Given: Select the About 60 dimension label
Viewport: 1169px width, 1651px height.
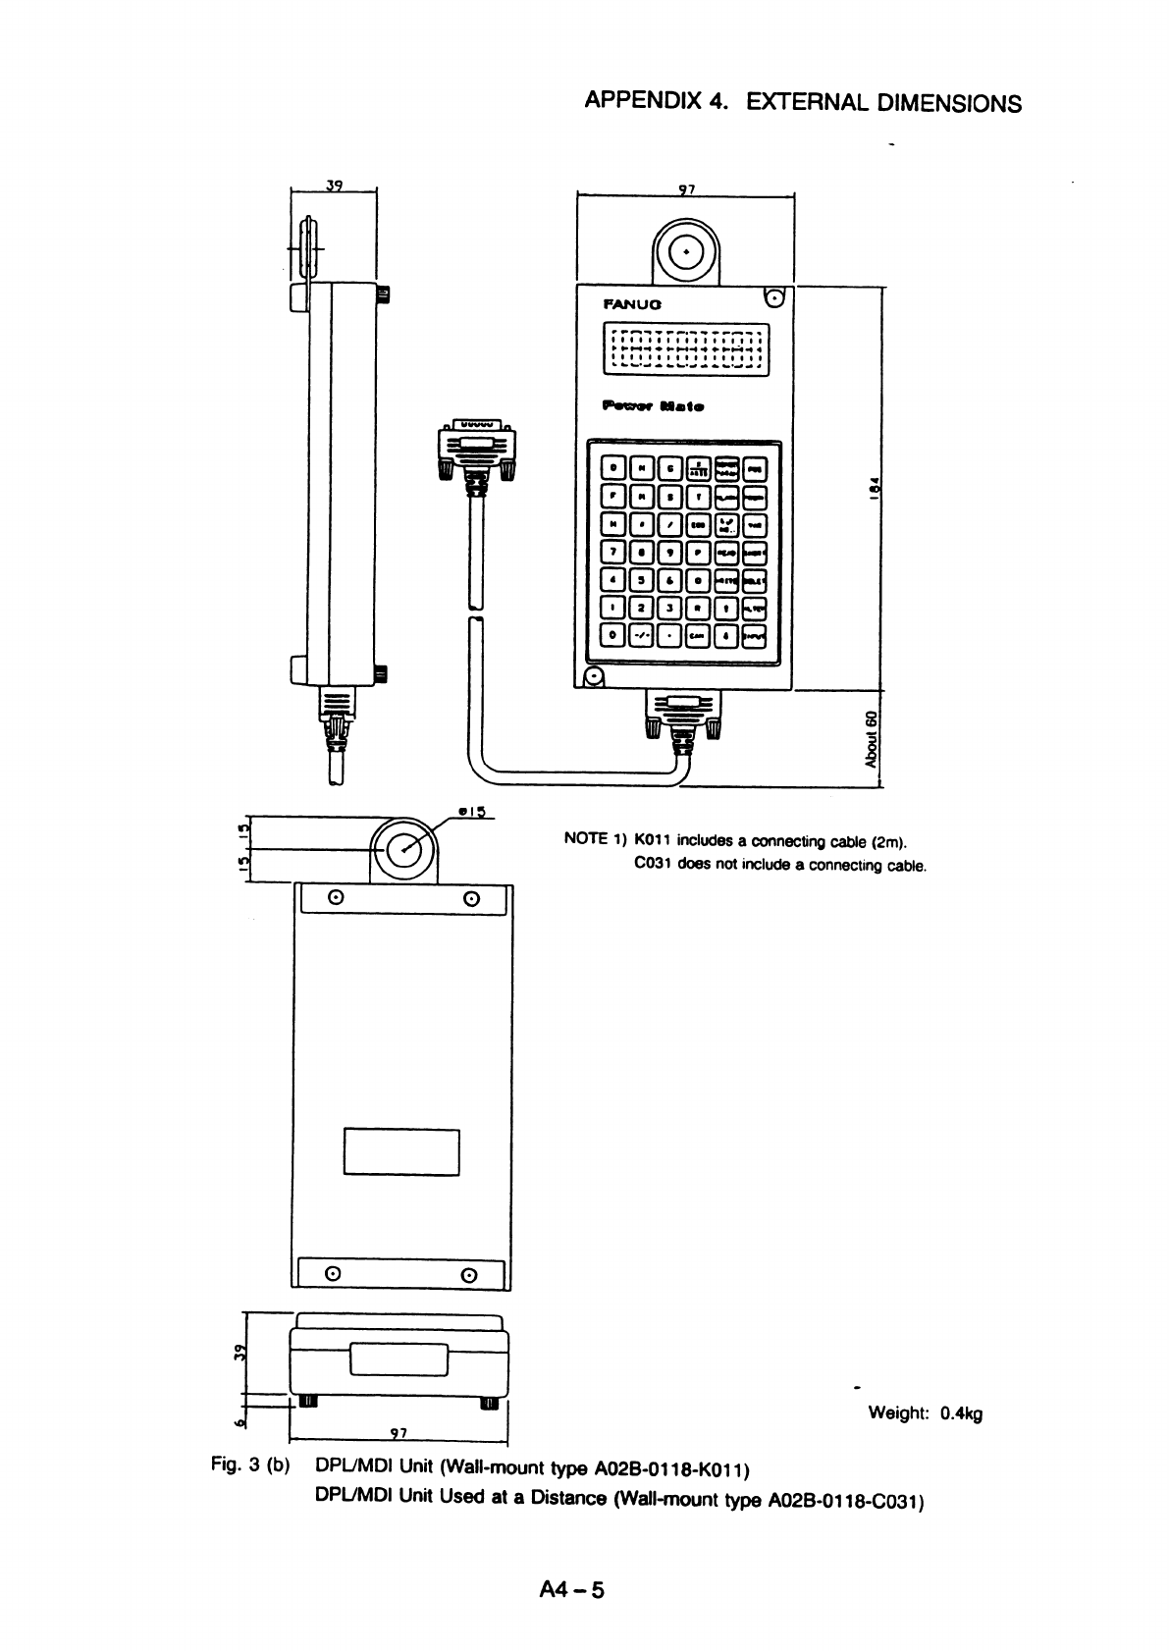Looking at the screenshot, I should tap(871, 737).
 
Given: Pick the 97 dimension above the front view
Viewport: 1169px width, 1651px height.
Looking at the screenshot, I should tap(686, 190).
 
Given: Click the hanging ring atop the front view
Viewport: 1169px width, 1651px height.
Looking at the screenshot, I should tap(686, 251).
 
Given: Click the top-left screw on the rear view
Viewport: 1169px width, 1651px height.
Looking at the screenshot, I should tap(336, 897).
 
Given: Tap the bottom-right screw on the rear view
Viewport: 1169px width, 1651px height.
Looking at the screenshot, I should tap(469, 1275).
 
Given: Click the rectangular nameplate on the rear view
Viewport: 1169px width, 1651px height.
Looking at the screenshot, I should tap(401, 1152).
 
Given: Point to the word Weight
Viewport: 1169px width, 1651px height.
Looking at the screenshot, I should tap(898, 1413).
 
